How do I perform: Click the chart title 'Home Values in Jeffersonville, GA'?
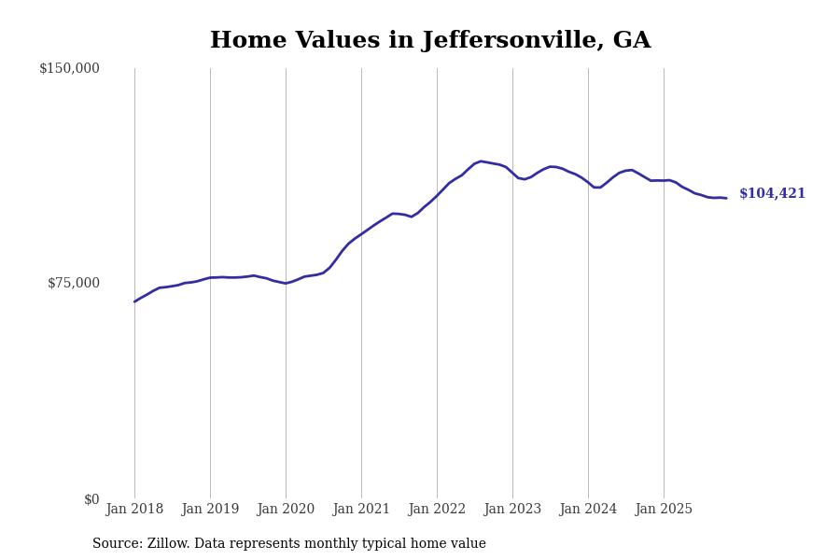pos(430,41)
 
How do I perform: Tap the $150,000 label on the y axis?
pos(69,68)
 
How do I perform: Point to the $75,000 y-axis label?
pos(74,283)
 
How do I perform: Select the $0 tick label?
pos(91,499)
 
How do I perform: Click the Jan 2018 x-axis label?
pos(134,510)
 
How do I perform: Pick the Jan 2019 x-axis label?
pos(210,510)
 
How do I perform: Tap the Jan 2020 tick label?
pos(286,510)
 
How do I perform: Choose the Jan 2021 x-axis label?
pos(361,510)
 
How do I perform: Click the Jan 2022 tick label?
pos(437,510)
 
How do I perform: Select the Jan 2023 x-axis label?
pos(512,510)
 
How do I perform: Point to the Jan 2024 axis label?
pos(588,510)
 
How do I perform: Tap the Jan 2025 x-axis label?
pos(664,510)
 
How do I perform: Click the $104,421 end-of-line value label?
pos(772,194)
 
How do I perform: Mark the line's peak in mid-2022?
pos(481,161)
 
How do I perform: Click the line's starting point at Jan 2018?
pos(134,301)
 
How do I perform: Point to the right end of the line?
pos(726,198)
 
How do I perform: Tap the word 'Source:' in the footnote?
pos(118,544)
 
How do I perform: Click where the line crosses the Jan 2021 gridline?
pos(361,233)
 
